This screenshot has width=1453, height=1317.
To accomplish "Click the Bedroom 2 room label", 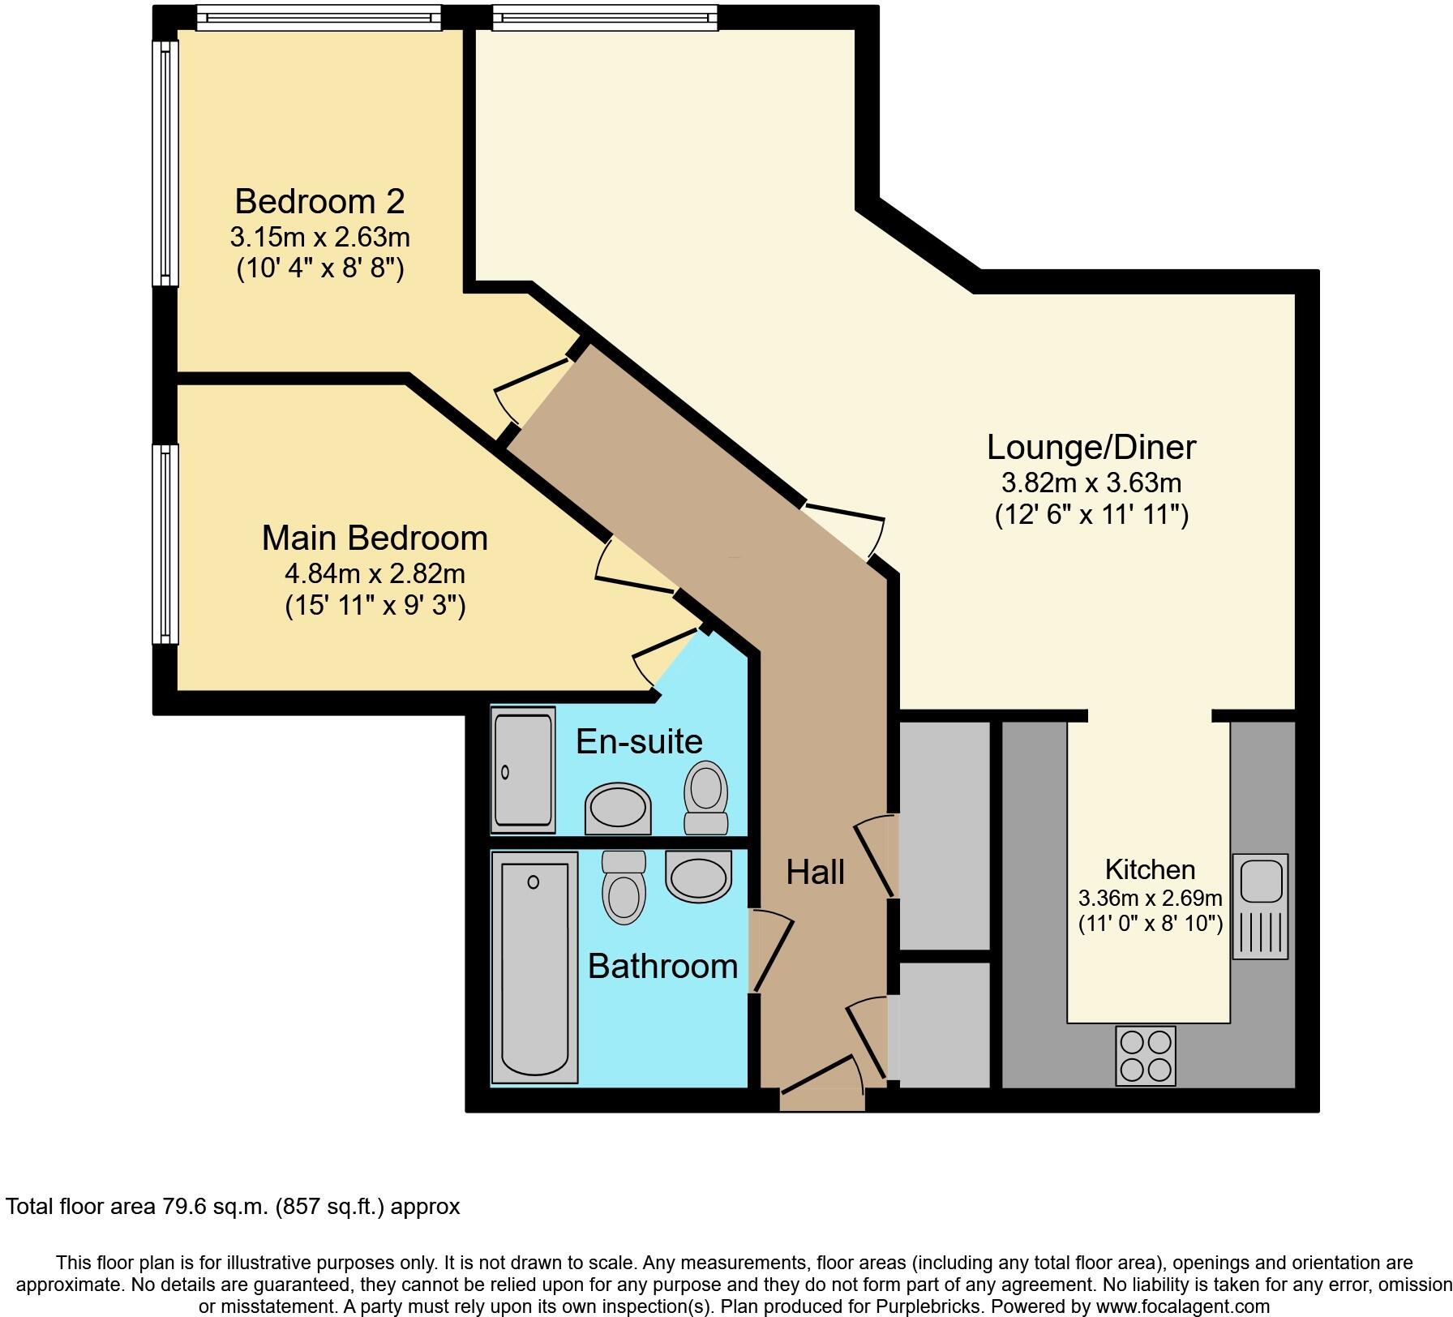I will pos(319,200).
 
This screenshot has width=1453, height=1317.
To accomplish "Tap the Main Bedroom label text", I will pos(374,538).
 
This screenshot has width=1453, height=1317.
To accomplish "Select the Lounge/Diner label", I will pos(1091,447).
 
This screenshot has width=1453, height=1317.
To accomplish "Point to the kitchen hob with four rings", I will pos(1145,1055).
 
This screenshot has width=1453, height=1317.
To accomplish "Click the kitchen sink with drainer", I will pos(1259,906).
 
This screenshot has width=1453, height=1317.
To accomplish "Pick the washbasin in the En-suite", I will pos(618,808).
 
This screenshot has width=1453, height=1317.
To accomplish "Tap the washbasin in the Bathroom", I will pos(698,876).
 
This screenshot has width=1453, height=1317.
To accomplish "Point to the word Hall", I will pos(815,873).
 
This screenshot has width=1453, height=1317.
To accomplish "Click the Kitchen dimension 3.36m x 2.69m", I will pos(1150,898).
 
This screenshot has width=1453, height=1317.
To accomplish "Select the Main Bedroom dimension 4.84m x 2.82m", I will pos(374,573).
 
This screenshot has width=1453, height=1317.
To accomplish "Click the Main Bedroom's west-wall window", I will pos(166,543).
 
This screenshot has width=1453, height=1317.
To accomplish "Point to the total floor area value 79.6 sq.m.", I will pos(212,1229).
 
